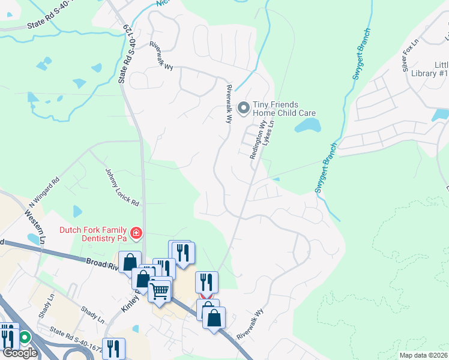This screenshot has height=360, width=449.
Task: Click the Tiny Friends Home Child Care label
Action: pyautogui.click(x=283, y=109)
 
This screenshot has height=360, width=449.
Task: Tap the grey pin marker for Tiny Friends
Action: pyautogui.click(x=243, y=108)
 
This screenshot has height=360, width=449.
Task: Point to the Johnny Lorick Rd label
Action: pyautogui.click(x=122, y=187)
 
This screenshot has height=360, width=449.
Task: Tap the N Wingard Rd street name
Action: pyautogui.click(x=45, y=191)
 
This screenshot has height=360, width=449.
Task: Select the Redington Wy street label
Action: pyautogui.click(x=257, y=139)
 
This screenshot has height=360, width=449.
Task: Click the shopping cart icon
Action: pyautogui.click(x=159, y=291)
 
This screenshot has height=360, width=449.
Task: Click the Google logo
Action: pyautogui.click(x=19, y=353)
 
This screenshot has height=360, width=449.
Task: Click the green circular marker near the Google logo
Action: pyautogui.click(x=25, y=337)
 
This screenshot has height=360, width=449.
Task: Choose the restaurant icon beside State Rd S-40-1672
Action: pyautogui.click(x=113, y=348)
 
